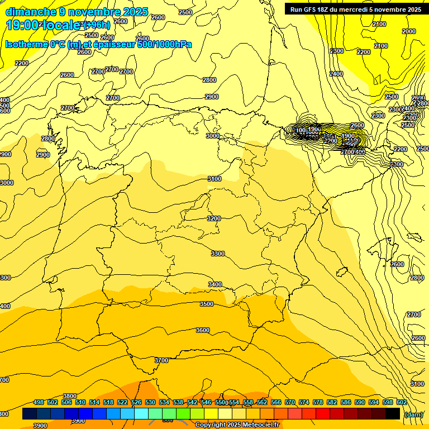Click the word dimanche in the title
(31, 12)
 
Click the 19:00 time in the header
(22, 25)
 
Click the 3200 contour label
(214, 218)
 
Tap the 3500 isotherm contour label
(207, 304)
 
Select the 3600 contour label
(203, 330)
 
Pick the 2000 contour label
(409, 31)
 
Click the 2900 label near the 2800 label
(43, 155)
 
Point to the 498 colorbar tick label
(39, 402)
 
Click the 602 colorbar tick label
(402, 402)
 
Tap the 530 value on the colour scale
(150, 402)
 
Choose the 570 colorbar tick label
(290, 402)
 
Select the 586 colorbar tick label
(346, 402)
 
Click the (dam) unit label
(414, 414)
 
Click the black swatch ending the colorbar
(393, 413)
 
